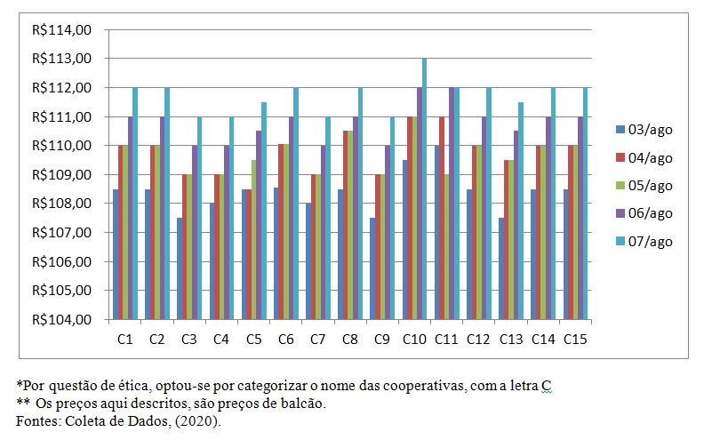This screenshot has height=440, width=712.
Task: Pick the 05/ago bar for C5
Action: (x=253, y=240)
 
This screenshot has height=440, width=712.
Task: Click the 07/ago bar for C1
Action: (x=135, y=204)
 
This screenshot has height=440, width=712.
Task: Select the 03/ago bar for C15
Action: (x=565, y=254)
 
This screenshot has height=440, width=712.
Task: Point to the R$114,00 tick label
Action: (x=61, y=30)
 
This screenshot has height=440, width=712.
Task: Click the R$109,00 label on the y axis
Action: (x=61, y=175)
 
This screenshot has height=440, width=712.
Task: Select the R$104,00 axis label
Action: (x=61, y=320)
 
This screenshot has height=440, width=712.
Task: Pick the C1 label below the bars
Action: (x=124, y=339)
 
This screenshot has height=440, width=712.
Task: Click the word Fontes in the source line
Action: (x=36, y=421)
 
